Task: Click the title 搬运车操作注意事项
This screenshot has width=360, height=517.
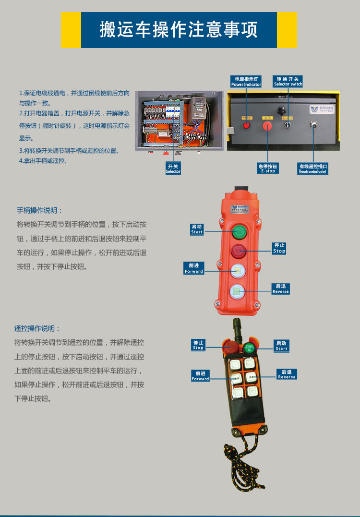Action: click(179, 30)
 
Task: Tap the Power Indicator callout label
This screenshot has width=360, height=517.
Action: click(246, 82)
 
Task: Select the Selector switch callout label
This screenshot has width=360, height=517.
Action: click(288, 81)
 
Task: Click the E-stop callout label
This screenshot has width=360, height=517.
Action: click(268, 168)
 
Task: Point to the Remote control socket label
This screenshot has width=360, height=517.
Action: click(313, 168)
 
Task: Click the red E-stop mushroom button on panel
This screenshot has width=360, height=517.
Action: click(267, 126)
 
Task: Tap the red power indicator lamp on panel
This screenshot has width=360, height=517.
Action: click(247, 125)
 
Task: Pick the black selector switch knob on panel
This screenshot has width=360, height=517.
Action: click(288, 124)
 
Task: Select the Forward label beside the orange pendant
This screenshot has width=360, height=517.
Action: click(194, 268)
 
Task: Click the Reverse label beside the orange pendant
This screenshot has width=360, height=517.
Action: click(280, 289)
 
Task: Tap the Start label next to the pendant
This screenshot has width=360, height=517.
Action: click(197, 229)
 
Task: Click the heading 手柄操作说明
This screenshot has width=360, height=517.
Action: click(40, 211)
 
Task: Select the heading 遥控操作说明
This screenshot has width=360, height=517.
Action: click(37, 329)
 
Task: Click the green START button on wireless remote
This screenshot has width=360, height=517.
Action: click(249, 347)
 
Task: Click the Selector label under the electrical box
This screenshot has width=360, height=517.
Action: click(173, 168)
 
